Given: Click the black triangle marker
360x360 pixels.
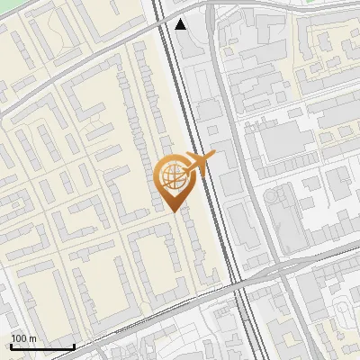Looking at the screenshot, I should [181, 24].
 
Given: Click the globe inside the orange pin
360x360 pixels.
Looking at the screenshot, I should [173, 177].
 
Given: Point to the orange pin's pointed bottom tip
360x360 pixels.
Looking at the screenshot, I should [174, 210].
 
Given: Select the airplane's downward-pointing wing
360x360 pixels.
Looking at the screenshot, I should [198, 171].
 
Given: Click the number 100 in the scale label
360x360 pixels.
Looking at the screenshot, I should [19, 338].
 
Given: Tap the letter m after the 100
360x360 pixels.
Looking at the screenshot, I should [32, 338].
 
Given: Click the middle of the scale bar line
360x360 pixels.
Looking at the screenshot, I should [41, 346].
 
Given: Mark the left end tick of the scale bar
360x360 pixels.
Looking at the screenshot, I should [10, 346].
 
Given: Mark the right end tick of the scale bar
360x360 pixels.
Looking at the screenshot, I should [74, 346].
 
